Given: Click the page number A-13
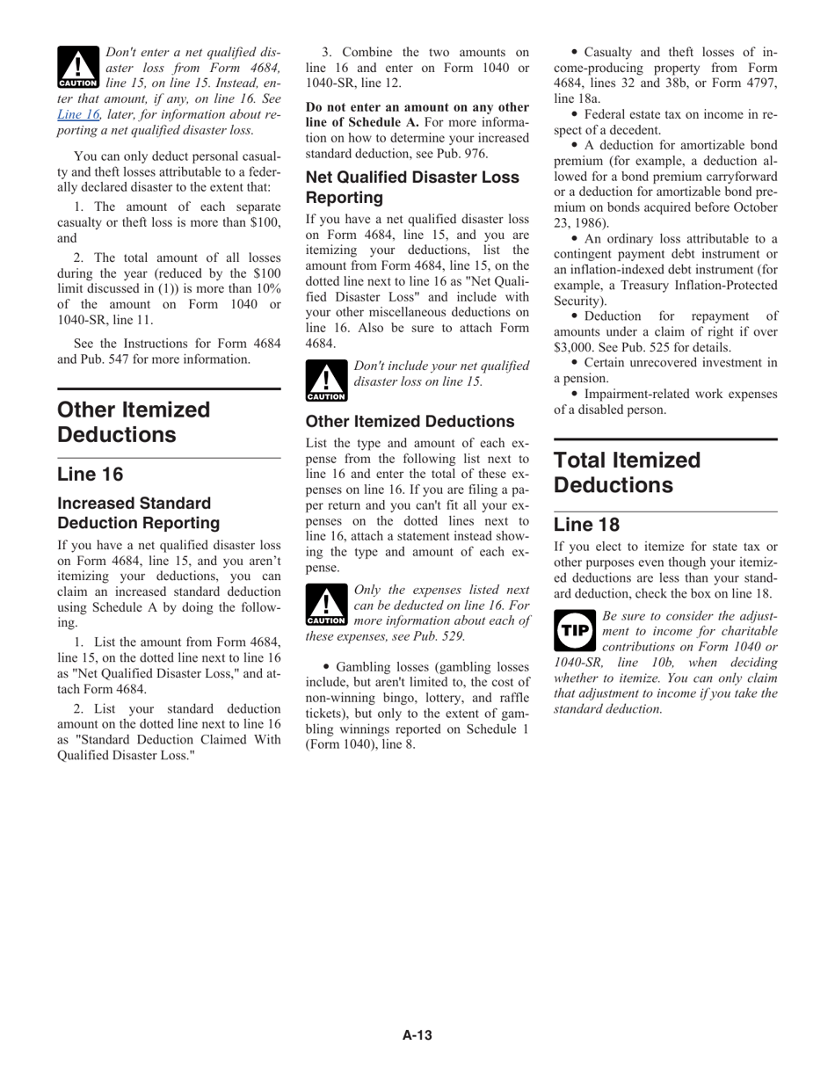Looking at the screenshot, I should [x=417, y=1035].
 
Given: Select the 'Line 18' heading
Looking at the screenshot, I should [x=586, y=525].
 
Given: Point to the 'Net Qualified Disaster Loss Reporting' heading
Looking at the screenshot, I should [x=412, y=187].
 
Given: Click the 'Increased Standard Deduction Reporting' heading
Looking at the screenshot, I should [x=138, y=513].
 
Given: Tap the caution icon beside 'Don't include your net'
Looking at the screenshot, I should [x=326, y=380].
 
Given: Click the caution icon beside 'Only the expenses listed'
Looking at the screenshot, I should [x=326, y=606].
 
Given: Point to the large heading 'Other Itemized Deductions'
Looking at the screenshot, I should [x=134, y=422].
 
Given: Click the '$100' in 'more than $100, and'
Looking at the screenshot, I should [x=265, y=222].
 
